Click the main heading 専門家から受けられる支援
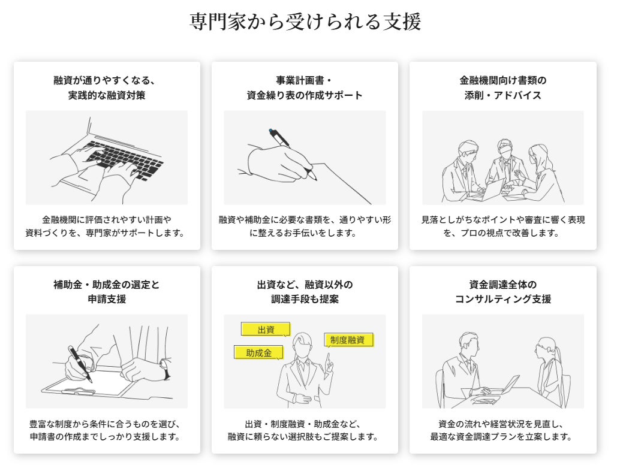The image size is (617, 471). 305,22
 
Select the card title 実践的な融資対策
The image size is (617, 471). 106,95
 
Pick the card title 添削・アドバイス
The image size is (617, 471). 502,95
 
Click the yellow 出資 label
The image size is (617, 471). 266,330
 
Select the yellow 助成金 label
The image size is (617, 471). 258,352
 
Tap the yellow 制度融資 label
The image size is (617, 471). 348,340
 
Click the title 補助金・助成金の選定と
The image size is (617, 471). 106,284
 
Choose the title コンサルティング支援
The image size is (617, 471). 502,299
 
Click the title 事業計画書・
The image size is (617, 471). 305,80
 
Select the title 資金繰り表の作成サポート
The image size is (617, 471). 305,95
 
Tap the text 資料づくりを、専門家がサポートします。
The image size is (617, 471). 106,233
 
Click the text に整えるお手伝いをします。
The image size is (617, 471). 305,233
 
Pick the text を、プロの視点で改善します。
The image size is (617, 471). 502,233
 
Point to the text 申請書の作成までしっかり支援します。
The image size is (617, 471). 106,437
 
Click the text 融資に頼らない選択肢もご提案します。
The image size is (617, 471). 305,437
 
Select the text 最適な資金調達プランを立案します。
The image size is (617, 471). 502,437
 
